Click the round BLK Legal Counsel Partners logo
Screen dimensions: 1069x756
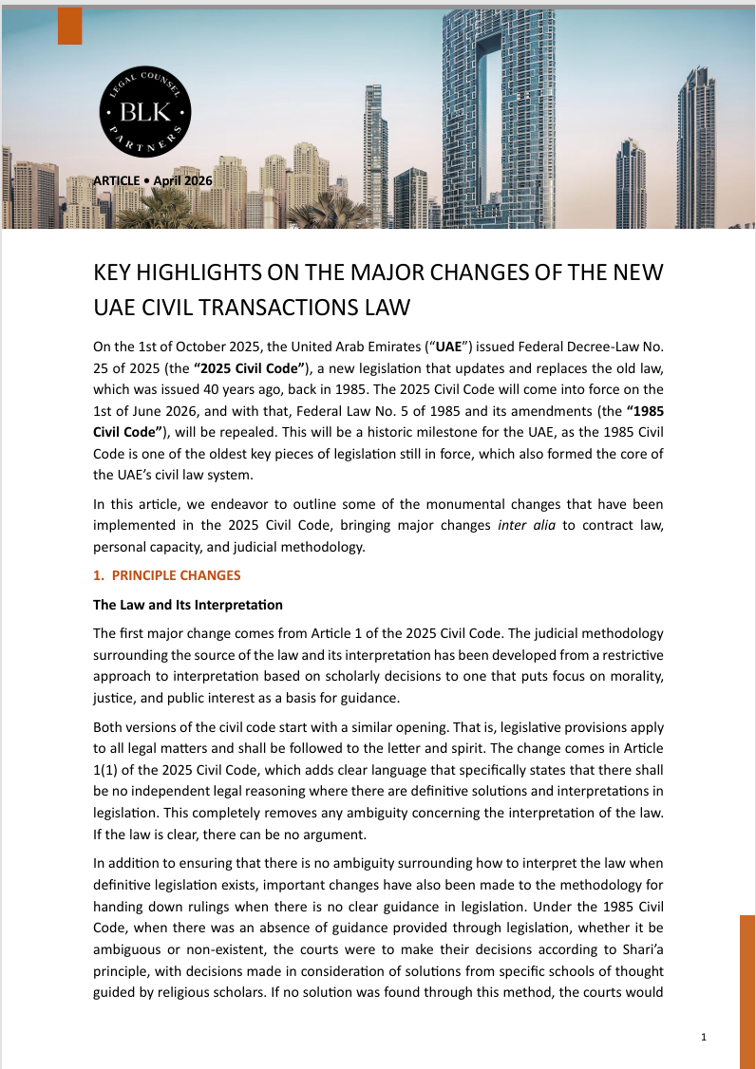(x=146, y=116)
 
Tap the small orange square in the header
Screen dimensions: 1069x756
(x=69, y=26)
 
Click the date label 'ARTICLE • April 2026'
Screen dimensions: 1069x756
(x=153, y=180)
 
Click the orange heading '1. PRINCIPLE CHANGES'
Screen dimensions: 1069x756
(x=166, y=575)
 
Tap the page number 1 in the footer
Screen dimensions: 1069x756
(x=703, y=1038)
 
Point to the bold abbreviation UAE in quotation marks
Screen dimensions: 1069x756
(x=447, y=347)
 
